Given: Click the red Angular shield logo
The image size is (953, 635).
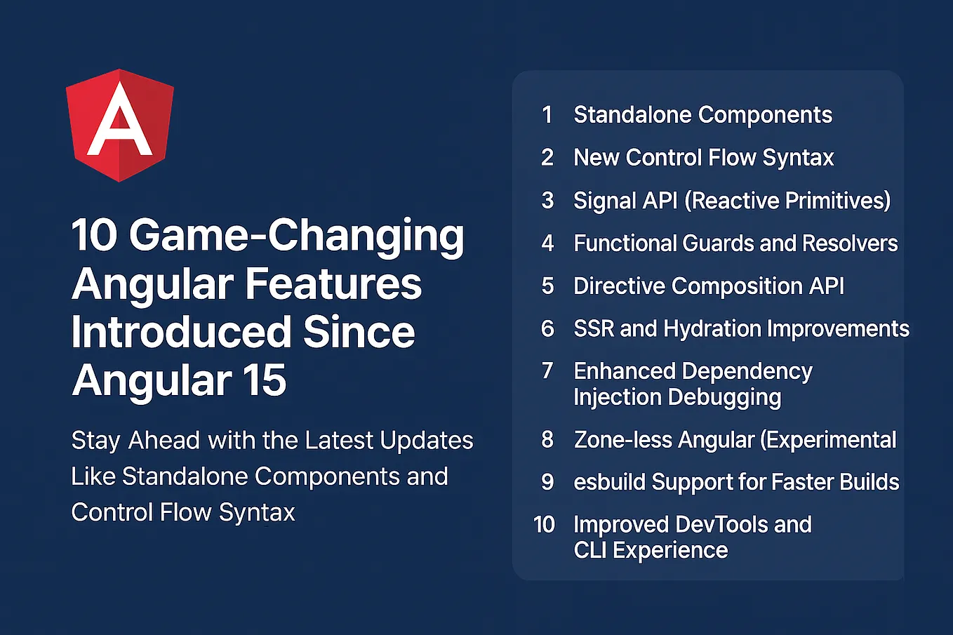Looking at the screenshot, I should coord(119,125).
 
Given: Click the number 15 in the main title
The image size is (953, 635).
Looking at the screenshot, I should coord(265,381).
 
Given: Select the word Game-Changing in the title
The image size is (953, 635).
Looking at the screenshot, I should coord(296,235).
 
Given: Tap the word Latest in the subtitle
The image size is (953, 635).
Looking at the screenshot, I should coord(337,441).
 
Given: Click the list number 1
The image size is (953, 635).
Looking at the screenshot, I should coord(547,115).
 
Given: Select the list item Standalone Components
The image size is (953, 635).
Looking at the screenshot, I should coord(702,115).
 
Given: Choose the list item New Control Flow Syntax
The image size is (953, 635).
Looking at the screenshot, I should coord(703,158).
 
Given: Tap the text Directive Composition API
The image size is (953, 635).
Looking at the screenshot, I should coord(709,286).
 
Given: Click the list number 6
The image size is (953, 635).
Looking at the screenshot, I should coord(547,328).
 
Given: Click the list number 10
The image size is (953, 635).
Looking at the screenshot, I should coord(545,525).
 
